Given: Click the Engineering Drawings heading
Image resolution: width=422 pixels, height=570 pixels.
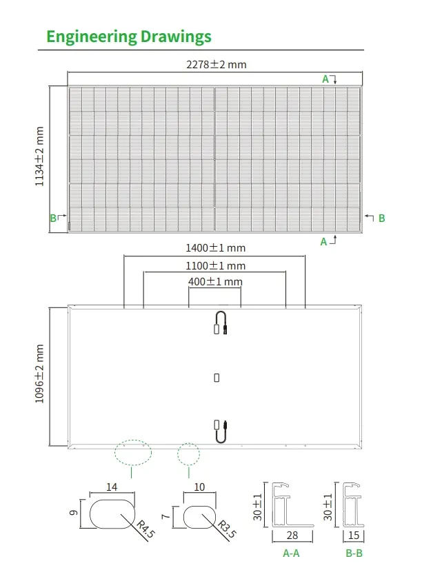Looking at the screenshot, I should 129,37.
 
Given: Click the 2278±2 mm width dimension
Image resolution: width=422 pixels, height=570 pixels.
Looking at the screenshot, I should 216,65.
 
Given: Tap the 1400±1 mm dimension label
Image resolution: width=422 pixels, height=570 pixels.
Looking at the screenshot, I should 215,248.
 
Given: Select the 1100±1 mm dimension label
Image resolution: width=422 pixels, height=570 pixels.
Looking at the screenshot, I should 215,265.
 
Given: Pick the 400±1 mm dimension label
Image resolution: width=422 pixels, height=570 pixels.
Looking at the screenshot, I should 215,282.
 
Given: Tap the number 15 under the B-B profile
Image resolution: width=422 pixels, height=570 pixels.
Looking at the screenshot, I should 354,536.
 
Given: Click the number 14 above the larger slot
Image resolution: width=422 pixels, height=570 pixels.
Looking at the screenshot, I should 112,487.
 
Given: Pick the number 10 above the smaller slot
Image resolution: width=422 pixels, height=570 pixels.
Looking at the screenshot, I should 200,487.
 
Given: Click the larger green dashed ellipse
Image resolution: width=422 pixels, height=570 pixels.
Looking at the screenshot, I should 132,452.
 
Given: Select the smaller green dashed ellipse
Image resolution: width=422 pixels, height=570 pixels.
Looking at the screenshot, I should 188,454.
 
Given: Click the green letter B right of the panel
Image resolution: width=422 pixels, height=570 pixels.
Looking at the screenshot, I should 381,218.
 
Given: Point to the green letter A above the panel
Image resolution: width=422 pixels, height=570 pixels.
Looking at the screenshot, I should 325,79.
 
